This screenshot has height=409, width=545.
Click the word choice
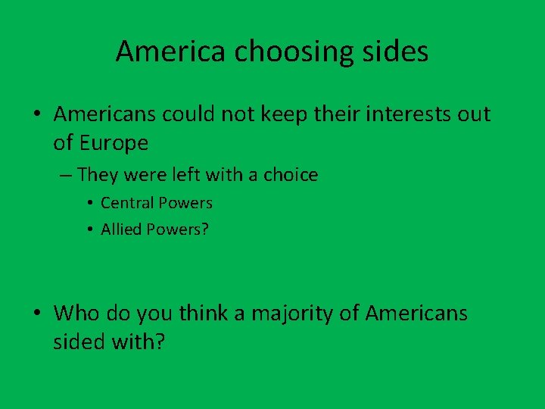click(x=291, y=175)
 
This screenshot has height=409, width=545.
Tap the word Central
click(x=126, y=203)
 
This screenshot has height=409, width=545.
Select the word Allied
click(x=122, y=229)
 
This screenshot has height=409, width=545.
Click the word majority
click(x=293, y=313)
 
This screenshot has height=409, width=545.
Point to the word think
click(x=203, y=313)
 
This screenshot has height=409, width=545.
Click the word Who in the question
click(x=73, y=313)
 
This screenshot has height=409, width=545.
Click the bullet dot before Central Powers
click(x=89, y=203)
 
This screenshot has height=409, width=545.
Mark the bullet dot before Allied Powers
click(x=89, y=229)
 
